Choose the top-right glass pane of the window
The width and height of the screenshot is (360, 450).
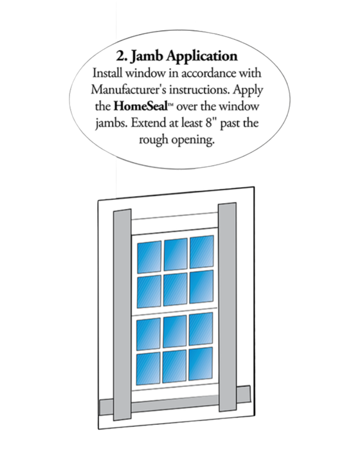pos(201,251)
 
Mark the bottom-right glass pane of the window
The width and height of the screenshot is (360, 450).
pos(201,364)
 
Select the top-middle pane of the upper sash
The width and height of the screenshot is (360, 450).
pos(175,253)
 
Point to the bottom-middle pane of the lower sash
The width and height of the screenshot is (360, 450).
pos(175,366)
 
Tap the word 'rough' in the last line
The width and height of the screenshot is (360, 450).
pos(156,141)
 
